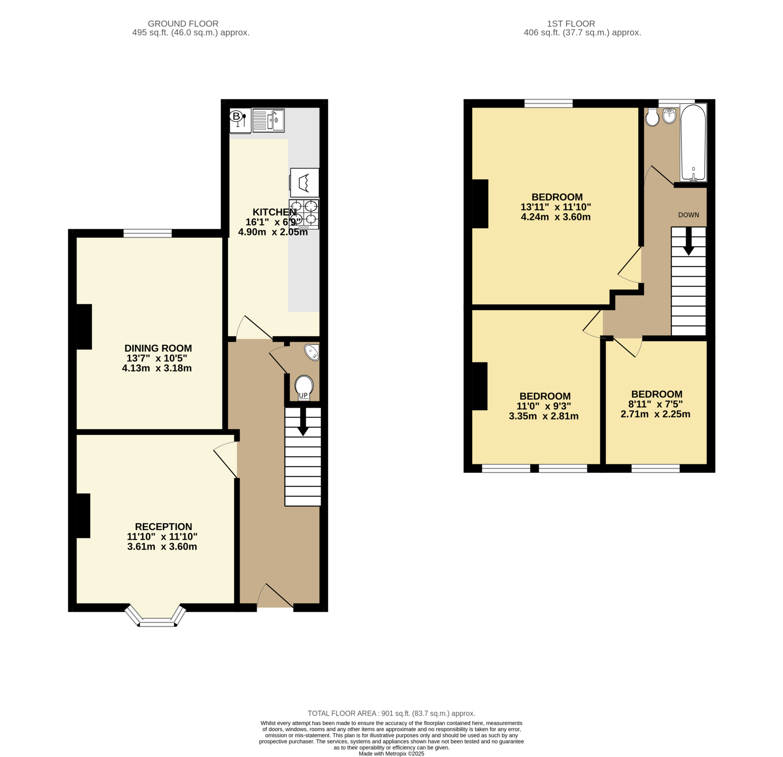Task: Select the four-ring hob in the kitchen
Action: [304, 214]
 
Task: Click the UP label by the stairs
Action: [303, 395]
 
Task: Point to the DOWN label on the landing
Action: [689, 215]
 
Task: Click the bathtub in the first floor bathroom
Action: [694, 143]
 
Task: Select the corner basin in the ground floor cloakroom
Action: [312, 352]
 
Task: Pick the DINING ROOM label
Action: [158, 348]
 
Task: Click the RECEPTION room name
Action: [163, 527]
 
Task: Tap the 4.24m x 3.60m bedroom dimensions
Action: [556, 217]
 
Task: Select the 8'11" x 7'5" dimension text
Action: [655, 404]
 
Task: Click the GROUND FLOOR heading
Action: [183, 24]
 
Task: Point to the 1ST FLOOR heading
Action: [571, 24]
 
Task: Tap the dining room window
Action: [148, 233]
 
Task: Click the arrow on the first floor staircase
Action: [688, 241]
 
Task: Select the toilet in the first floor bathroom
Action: [652, 117]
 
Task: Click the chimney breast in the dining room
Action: [84, 327]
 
